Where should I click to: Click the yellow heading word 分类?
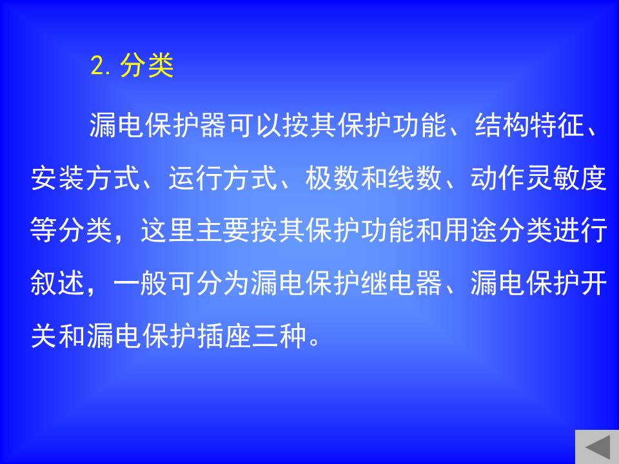pos(147,65)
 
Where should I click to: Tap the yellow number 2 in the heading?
pos(97,65)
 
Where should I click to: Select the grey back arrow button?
pos(597,447)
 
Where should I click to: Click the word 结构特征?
pos(529,125)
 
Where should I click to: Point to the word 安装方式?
pos(85,178)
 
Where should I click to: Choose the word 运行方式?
pos(222,178)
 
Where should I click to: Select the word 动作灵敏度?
pos(538,178)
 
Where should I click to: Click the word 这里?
pos(168,231)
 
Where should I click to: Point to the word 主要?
pos(222,231)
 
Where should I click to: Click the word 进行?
pos(580,231)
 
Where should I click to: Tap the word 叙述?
pos(57,284)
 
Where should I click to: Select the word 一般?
pos(140,284)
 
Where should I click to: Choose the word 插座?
pos(224,336)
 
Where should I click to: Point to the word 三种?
pos(279,336)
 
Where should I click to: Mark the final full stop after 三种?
pos(314,342)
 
